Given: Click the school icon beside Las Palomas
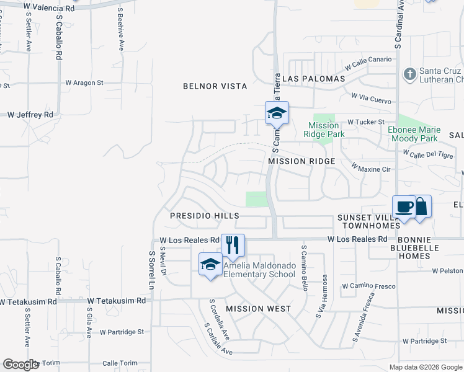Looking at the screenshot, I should pos(277,113).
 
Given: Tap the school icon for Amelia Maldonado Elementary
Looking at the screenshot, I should pos(210,264).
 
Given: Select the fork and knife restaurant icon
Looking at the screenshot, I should pos(233,244).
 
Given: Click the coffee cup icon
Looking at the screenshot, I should pos(404,206).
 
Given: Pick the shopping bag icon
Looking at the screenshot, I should pos(421,206).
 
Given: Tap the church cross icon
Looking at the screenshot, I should pos(409,74).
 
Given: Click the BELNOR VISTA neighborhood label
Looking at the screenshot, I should pos(215,86).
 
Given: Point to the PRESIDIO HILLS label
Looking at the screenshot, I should pos(205,216).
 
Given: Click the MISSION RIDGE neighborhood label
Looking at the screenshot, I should pos(301,161).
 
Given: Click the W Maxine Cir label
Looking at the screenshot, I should pos(371,168).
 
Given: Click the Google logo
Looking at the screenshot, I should pos(21,365).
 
